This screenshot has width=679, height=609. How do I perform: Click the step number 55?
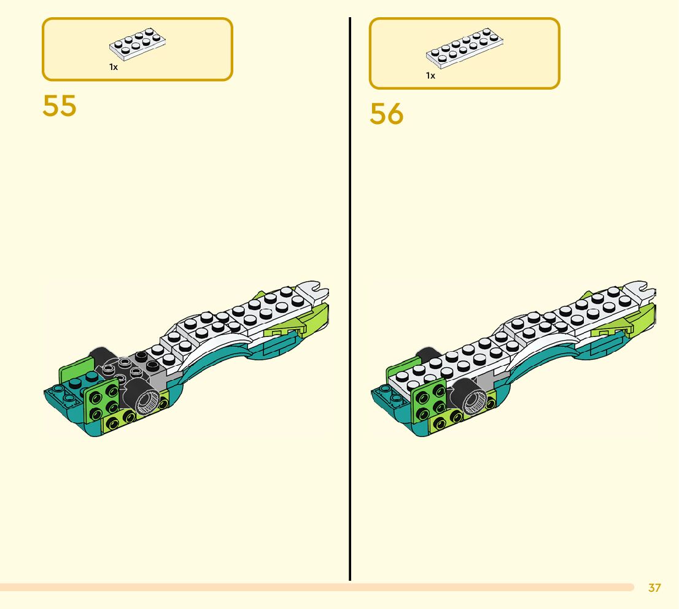(60, 106)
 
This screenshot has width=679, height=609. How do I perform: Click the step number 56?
(386, 114)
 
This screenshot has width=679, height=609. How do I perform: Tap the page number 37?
(654, 588)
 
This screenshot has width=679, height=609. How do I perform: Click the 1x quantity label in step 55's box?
(114, 67)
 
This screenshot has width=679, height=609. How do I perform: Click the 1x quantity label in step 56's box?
(430, 76)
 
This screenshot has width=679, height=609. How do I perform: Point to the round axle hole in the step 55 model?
(147, 402)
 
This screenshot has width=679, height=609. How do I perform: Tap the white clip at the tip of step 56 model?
(642, 289)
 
